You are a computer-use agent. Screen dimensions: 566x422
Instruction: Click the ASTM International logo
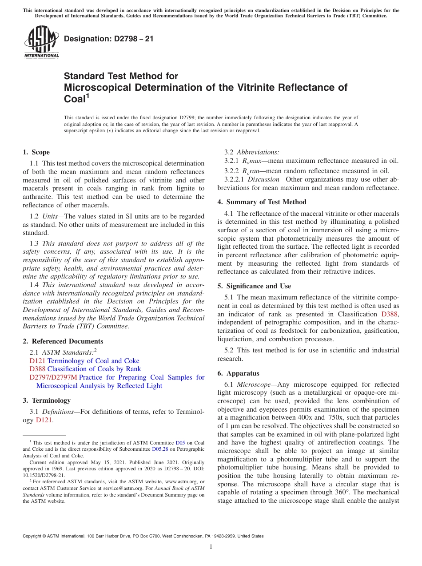point(41,42)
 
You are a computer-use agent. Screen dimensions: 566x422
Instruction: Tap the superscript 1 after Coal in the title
point(88,96)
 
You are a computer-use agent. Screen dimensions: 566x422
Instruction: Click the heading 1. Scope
point(36,152)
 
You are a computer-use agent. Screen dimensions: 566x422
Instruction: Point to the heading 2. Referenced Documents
point(63,341)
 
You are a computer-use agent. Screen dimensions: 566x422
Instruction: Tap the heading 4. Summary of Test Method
point(262,202)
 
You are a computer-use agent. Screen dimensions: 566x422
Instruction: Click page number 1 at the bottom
point(211,546)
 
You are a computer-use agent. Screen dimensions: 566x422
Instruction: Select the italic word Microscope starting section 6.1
point(252,384)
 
